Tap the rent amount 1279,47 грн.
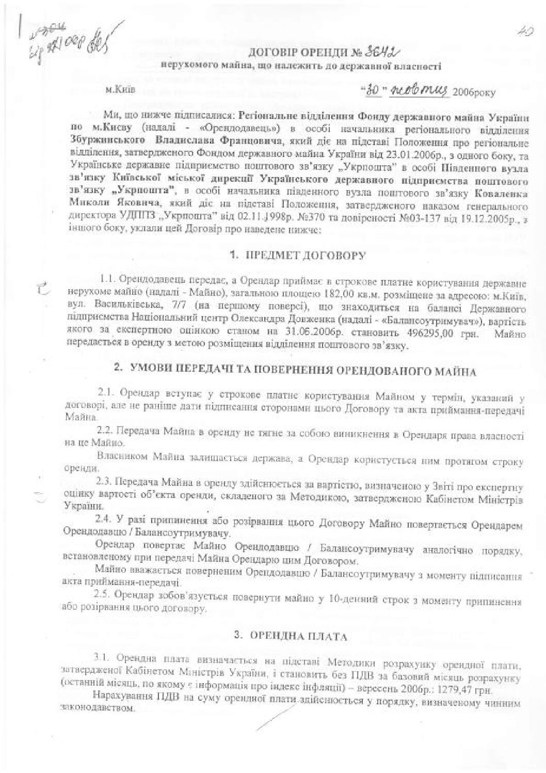(x=474, y=676)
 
